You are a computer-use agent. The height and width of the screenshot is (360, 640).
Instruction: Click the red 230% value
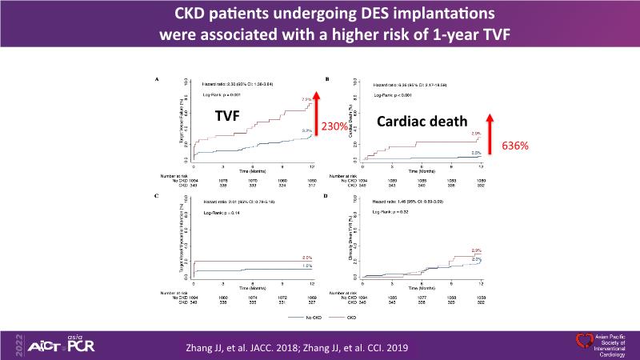point(335,126)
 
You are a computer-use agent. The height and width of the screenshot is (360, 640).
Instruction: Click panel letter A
point(158,79)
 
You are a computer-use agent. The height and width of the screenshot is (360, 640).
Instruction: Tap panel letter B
point(326,79)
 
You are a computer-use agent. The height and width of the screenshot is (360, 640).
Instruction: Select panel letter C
point(158,196)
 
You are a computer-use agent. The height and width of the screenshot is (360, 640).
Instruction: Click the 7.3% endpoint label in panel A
point(306,99)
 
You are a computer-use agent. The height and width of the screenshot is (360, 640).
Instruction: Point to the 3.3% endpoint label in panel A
point(306,130)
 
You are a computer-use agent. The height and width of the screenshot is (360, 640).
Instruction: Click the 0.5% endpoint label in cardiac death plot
point(476,152)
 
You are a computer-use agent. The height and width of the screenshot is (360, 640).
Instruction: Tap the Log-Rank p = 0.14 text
point(220,214)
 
